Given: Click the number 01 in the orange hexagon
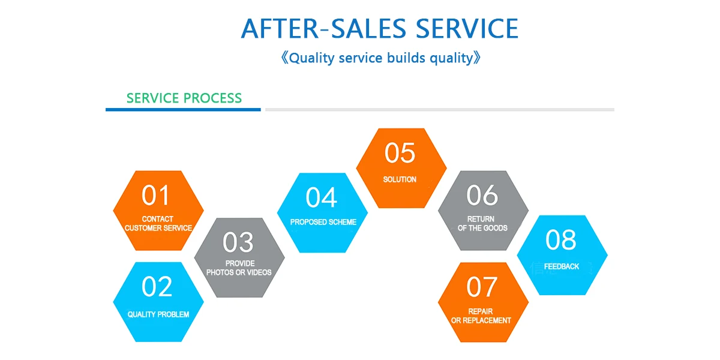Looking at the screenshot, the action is (155, 195).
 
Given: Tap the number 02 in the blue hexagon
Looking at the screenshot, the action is (157, 286).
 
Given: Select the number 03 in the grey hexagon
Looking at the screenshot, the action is (238, 242).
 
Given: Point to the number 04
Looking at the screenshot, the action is (321, 197).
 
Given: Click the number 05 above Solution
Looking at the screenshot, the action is (400, 152).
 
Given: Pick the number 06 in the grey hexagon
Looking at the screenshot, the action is (482, 195).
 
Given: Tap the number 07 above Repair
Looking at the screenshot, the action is (482, 287).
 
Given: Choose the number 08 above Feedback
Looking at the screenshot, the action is (561, 240).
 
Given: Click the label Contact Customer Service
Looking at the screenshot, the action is (158, 223).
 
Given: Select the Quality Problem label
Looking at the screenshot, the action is (158, 314).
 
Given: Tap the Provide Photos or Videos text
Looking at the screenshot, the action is (239, 268).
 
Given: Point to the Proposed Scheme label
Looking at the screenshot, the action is (323, 222).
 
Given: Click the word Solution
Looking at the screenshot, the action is (400, 179).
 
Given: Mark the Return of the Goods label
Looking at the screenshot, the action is (482, 223).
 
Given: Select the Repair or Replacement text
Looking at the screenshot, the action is (481, 316).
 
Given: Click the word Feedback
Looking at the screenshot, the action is (561, 266).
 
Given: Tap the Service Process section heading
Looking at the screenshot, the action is (184, 98).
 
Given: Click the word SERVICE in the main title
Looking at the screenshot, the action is (467, 29).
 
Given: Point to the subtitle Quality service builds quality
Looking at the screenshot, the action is (381, 58).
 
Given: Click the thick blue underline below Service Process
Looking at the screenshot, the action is (183, 110).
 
